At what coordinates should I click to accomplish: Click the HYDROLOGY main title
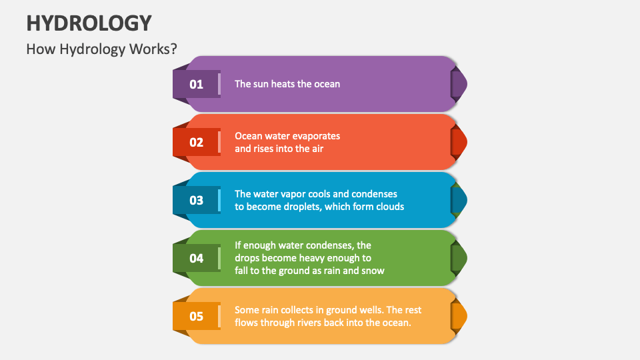pos(89,22)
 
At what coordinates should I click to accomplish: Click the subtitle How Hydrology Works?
pos(101,49)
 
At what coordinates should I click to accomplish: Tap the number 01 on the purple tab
pos(196,84)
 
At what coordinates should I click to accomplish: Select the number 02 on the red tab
pos(196,142)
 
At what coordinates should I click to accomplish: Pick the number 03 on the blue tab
pos(196,200)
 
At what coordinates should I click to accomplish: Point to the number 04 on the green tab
pos(196,258)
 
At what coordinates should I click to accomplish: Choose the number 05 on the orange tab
pos(196,316)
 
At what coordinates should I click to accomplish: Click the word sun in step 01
pos(262,84)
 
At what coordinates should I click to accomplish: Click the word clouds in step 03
pos(389,207)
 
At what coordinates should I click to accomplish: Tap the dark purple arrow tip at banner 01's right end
pos(459,84)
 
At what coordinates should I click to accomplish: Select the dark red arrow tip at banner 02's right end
pos(459,142)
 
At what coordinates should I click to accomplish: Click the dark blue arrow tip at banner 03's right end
pos(459,200)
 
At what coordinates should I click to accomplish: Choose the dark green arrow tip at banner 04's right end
pos(459,258)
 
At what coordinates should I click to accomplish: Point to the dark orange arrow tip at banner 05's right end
pos(459,316)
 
